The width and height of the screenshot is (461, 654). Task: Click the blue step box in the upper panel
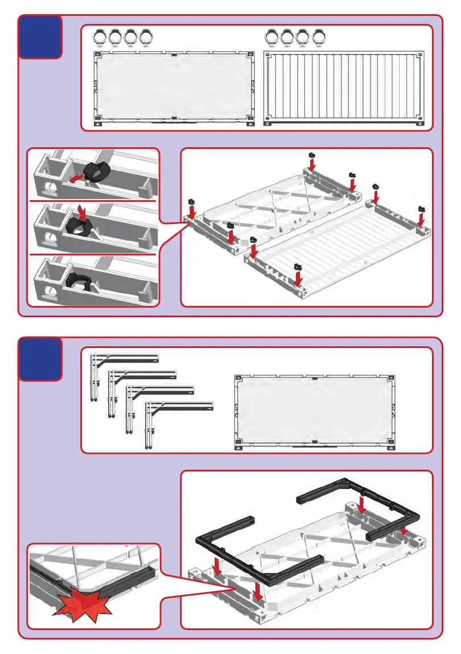pyautogui.click(x=40, y=37)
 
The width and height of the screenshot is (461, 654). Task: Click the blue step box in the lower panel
pyautogui.click(x=40, y=359)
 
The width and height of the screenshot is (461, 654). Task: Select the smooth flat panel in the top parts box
pyautogui.click(x=173, y=88)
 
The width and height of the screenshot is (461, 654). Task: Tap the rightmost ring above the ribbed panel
pyautogui.click(x=320, y=38)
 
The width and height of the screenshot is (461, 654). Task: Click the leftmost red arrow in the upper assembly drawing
pyautogui.click(x=192, y=210)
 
